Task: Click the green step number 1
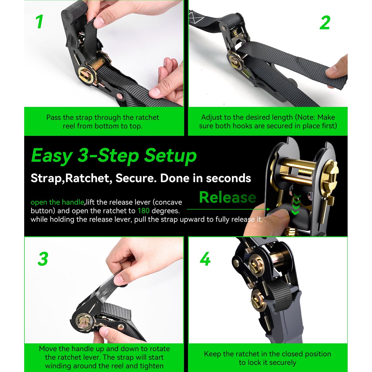[39, 22]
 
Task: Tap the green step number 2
[325, 23]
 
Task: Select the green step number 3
[43, 259]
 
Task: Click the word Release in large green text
[228, 197]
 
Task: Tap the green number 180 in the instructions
[143, 211]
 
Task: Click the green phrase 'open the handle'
[57, 202]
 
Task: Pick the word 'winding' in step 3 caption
[58, 366]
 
